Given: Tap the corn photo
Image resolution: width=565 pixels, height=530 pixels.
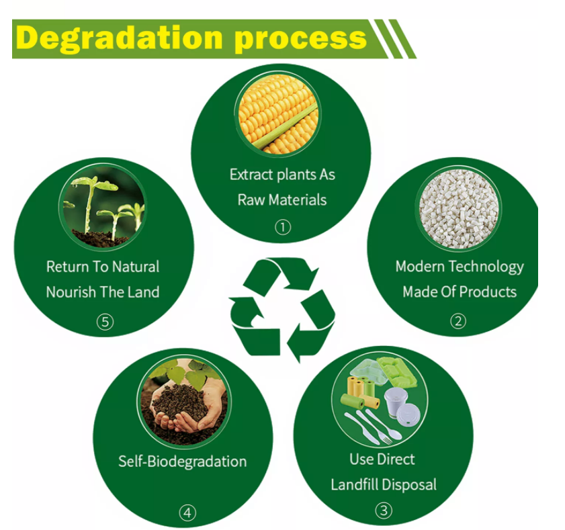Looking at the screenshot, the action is [278, 114].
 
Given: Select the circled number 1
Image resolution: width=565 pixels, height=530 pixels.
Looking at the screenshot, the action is [283, 227].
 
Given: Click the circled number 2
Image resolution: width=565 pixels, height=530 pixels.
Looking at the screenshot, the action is [458, 321].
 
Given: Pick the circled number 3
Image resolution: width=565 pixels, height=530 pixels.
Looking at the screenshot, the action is [384, 511].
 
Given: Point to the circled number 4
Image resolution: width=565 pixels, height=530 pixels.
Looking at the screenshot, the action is [187, 513].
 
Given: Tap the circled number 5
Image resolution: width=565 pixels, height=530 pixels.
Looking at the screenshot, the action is [105, 322].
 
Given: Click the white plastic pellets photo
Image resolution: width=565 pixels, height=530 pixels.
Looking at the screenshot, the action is [459, 208].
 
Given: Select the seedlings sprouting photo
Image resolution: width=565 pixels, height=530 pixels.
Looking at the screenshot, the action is [103, 206].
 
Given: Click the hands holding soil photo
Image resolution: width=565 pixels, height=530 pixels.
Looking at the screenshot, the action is [184, 401].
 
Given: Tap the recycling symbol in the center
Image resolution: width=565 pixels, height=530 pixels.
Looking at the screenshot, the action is [282, 310].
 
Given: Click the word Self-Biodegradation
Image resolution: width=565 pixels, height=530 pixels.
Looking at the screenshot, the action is [182, 461].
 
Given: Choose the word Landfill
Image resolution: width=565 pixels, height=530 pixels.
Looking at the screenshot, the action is [353, 484].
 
